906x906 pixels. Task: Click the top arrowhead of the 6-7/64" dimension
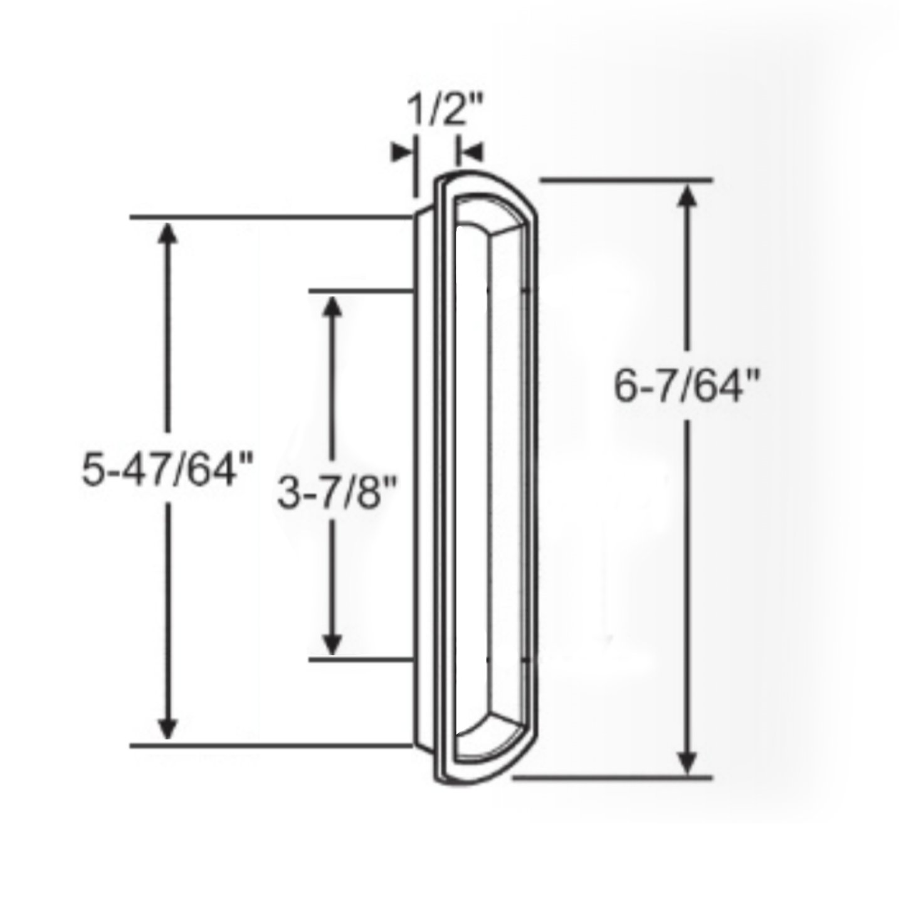(x=688, y=197)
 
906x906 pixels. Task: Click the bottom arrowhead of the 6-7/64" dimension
(x=688, y=762)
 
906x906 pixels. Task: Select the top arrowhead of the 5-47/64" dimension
(x=167, y=234)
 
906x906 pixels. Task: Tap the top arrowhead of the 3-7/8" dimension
(x=332, y=307)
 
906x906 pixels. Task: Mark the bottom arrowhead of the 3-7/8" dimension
(x=332, y=644)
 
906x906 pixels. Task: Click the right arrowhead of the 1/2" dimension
(x=471, y=152)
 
